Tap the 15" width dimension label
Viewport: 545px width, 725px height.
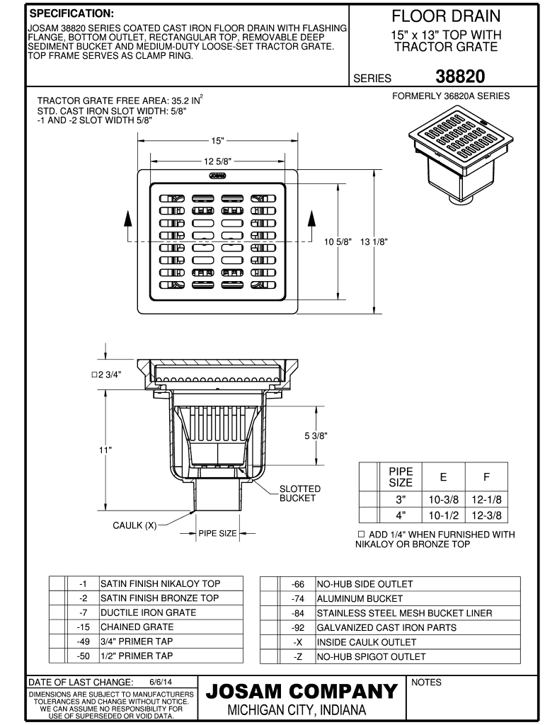217,140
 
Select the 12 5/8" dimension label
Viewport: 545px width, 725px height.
217,161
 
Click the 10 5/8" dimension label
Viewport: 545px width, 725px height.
338,241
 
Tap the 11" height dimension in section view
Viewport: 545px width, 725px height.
106,448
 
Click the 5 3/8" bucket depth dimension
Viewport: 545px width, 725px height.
316,435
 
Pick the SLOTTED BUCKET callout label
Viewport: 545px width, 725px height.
299,493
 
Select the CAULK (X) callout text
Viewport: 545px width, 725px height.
135,525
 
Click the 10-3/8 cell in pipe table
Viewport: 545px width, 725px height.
444,499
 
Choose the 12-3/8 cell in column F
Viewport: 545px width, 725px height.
486,515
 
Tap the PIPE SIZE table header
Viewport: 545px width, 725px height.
401,476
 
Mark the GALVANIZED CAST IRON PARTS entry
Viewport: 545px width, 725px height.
386,627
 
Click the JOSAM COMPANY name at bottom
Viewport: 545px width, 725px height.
301,691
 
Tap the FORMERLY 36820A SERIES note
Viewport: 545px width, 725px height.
451,96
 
